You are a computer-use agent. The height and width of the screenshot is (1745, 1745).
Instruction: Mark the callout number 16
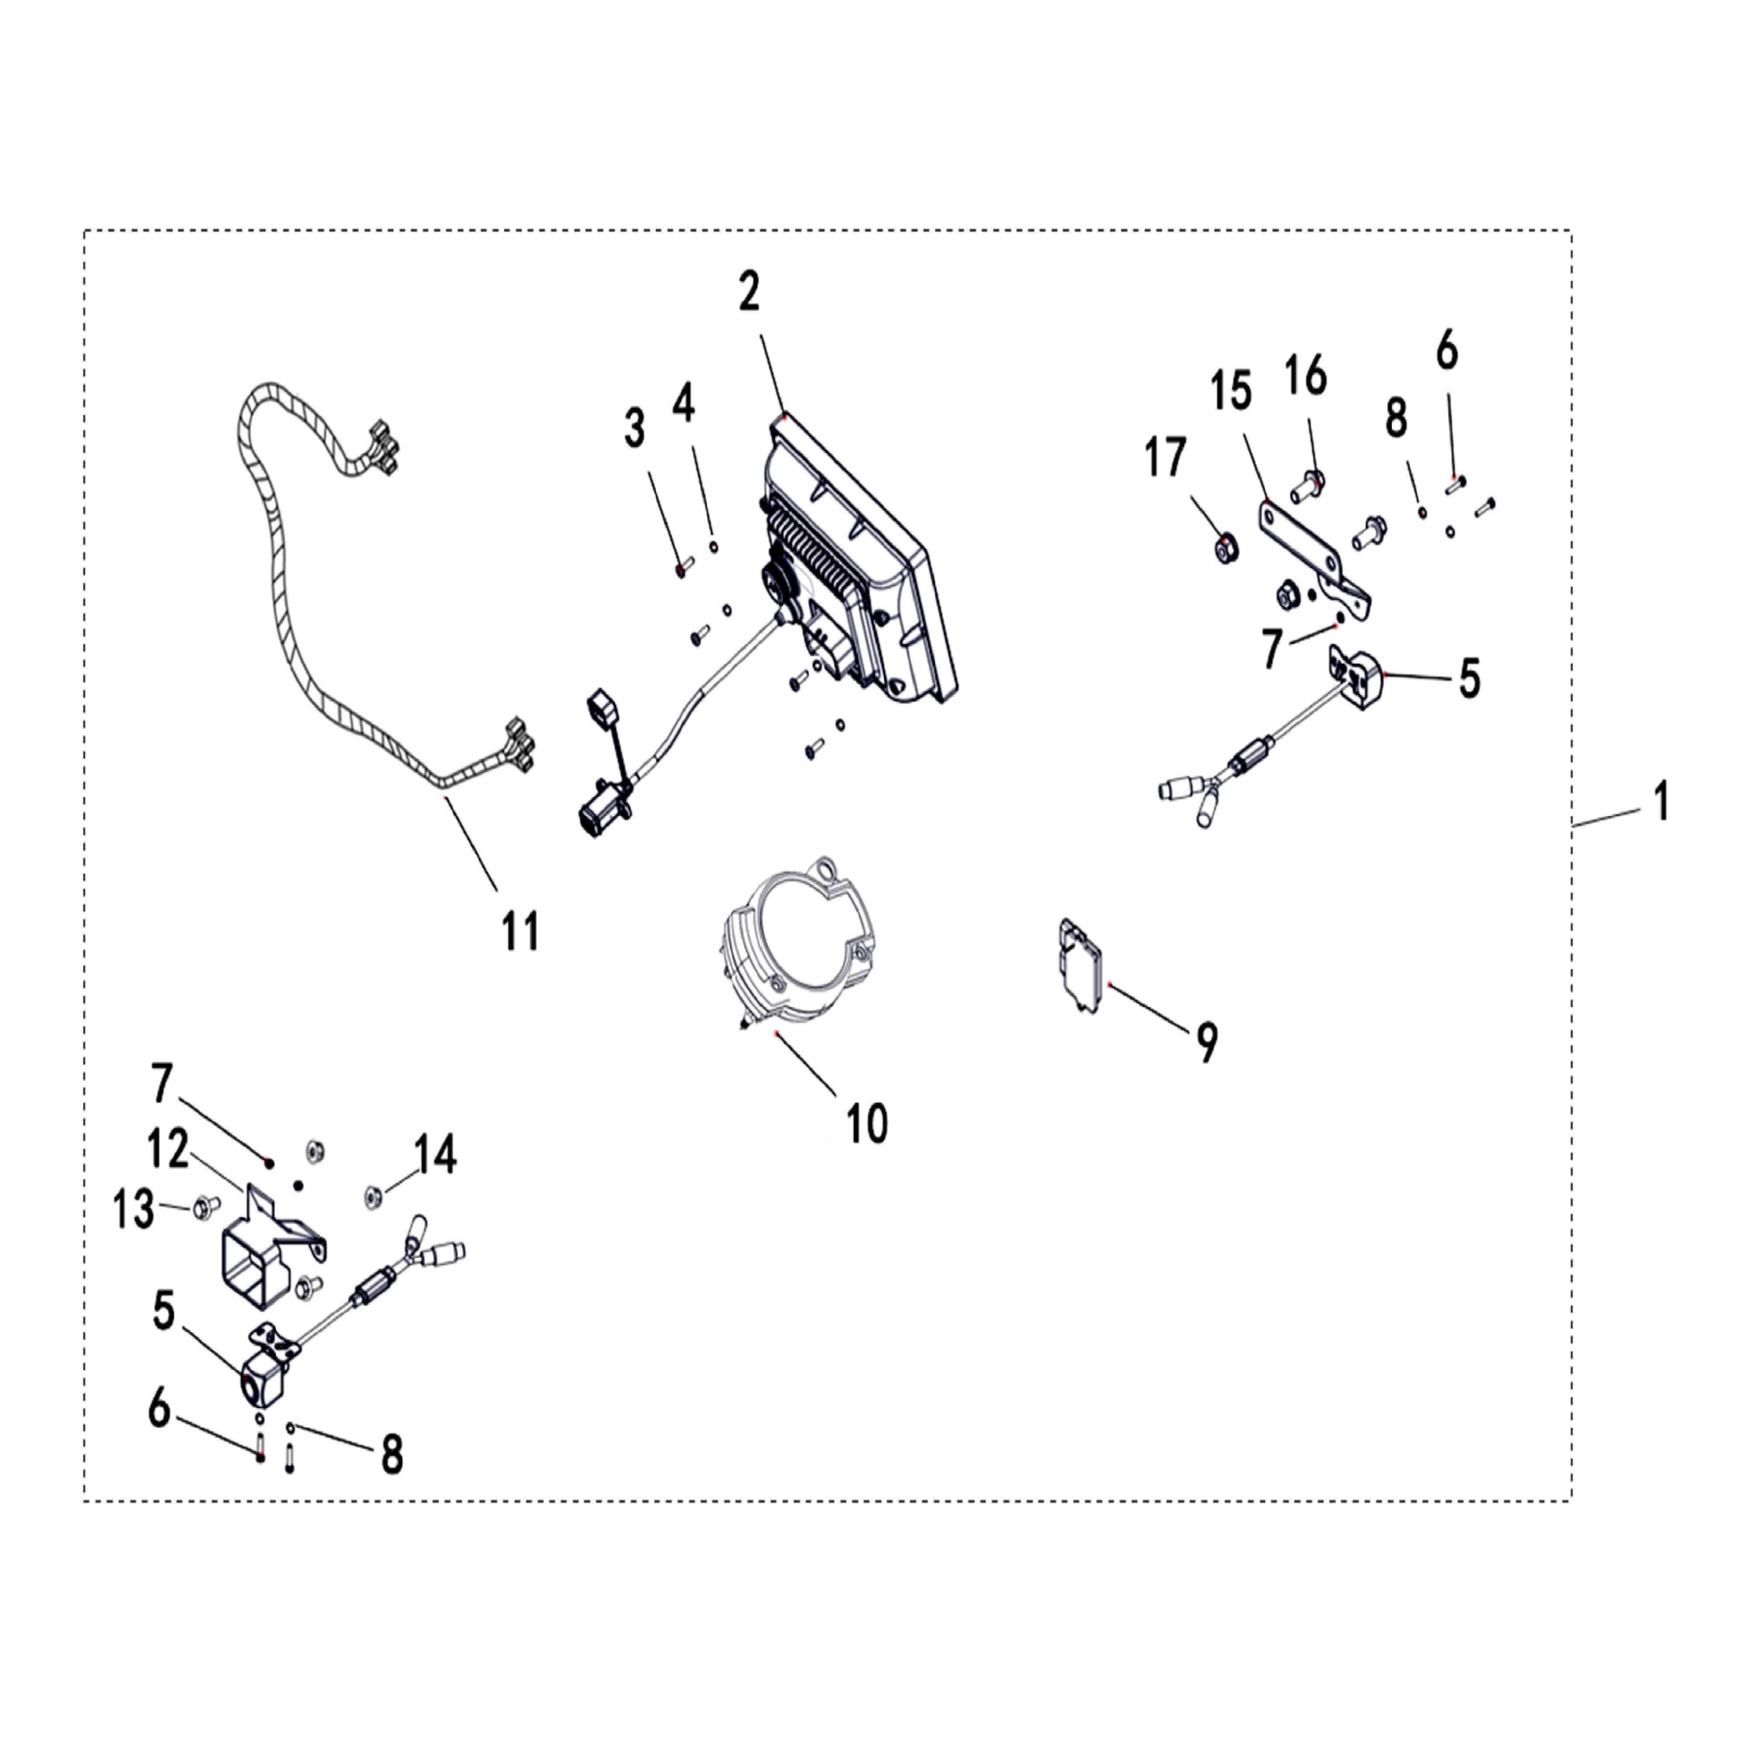click(x=1306, y=375)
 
